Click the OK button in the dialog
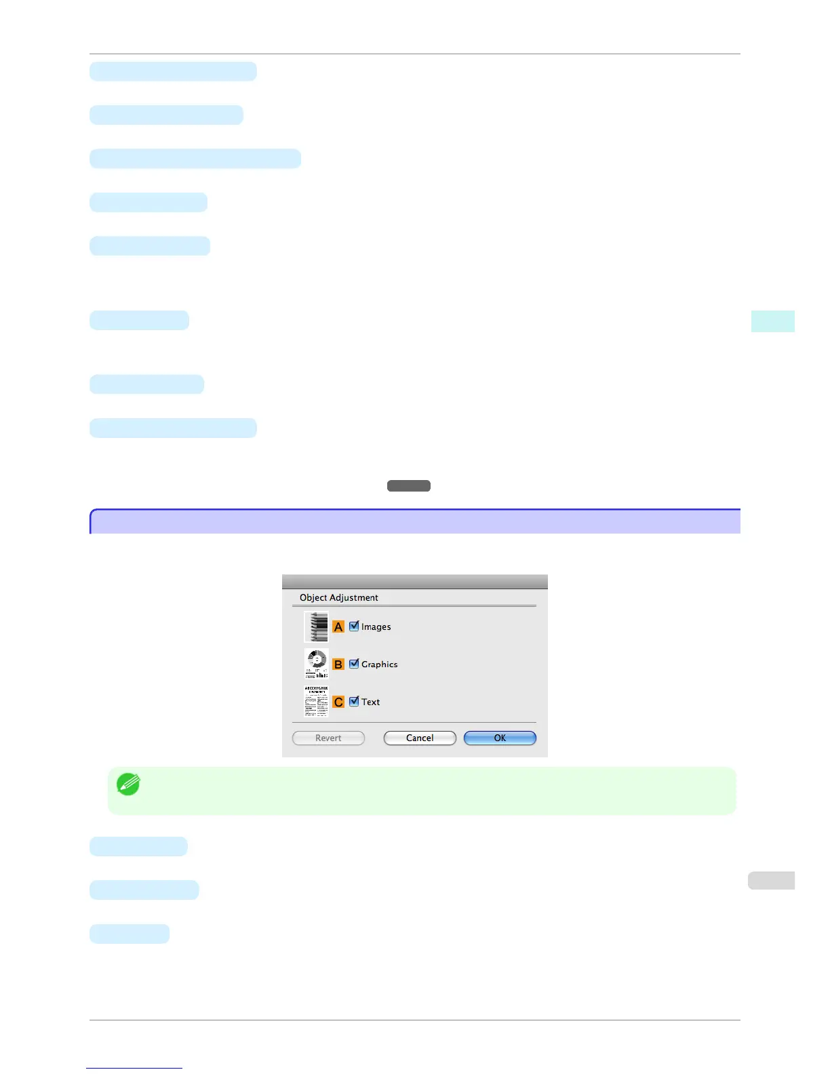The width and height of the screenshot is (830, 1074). coord(500,738)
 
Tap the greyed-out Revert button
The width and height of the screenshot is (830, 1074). coord(328,738)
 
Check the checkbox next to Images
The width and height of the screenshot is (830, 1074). coord(354,626)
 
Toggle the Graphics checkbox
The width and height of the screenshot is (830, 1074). coord(354,664)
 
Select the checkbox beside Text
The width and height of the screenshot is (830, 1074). coord(354,701)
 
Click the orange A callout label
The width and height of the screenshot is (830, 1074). coord(338,627)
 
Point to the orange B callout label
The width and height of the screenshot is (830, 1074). coord(338,664)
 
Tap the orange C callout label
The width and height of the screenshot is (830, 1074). coord(338,702)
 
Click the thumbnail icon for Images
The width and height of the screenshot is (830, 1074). coord(317,626)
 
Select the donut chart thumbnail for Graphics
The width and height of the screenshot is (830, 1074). coord(317,664)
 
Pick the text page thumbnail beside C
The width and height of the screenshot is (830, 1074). coord(317,701)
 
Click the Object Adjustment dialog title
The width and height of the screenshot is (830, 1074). coord(339,597)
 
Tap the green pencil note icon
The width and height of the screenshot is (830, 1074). coord(128,784)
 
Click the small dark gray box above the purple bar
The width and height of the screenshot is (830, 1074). coord(409,485)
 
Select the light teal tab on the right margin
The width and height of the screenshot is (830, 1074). coord(772,321)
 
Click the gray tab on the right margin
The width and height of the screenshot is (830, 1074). coord(771,880)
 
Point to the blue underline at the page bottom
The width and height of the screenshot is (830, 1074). coord(134,1068)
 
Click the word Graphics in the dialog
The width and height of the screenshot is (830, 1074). coord(379,664)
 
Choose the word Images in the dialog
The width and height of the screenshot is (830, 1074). coord(376,627)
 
